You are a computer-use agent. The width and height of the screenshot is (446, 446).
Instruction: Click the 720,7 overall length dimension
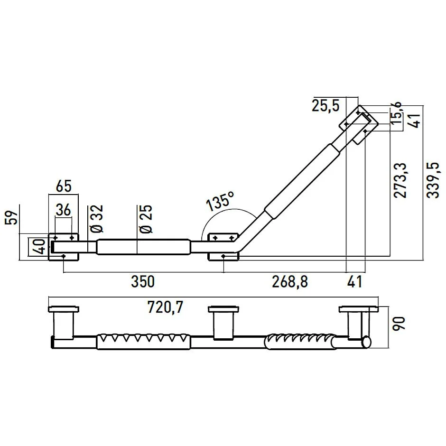165,308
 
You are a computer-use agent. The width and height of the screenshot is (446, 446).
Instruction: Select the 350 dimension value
142,281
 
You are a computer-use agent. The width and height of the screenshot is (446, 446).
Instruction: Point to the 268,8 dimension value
290,281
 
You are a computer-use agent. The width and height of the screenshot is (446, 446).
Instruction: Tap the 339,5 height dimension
433,180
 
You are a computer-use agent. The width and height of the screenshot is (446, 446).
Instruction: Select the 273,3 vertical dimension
401,180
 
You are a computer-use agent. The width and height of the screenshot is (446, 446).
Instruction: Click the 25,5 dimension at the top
326,105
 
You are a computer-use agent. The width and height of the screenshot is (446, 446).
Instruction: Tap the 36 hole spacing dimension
64,209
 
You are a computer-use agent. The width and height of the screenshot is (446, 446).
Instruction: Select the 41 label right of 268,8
353,281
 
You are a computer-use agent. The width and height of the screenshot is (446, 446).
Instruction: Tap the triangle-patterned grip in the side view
144,342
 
